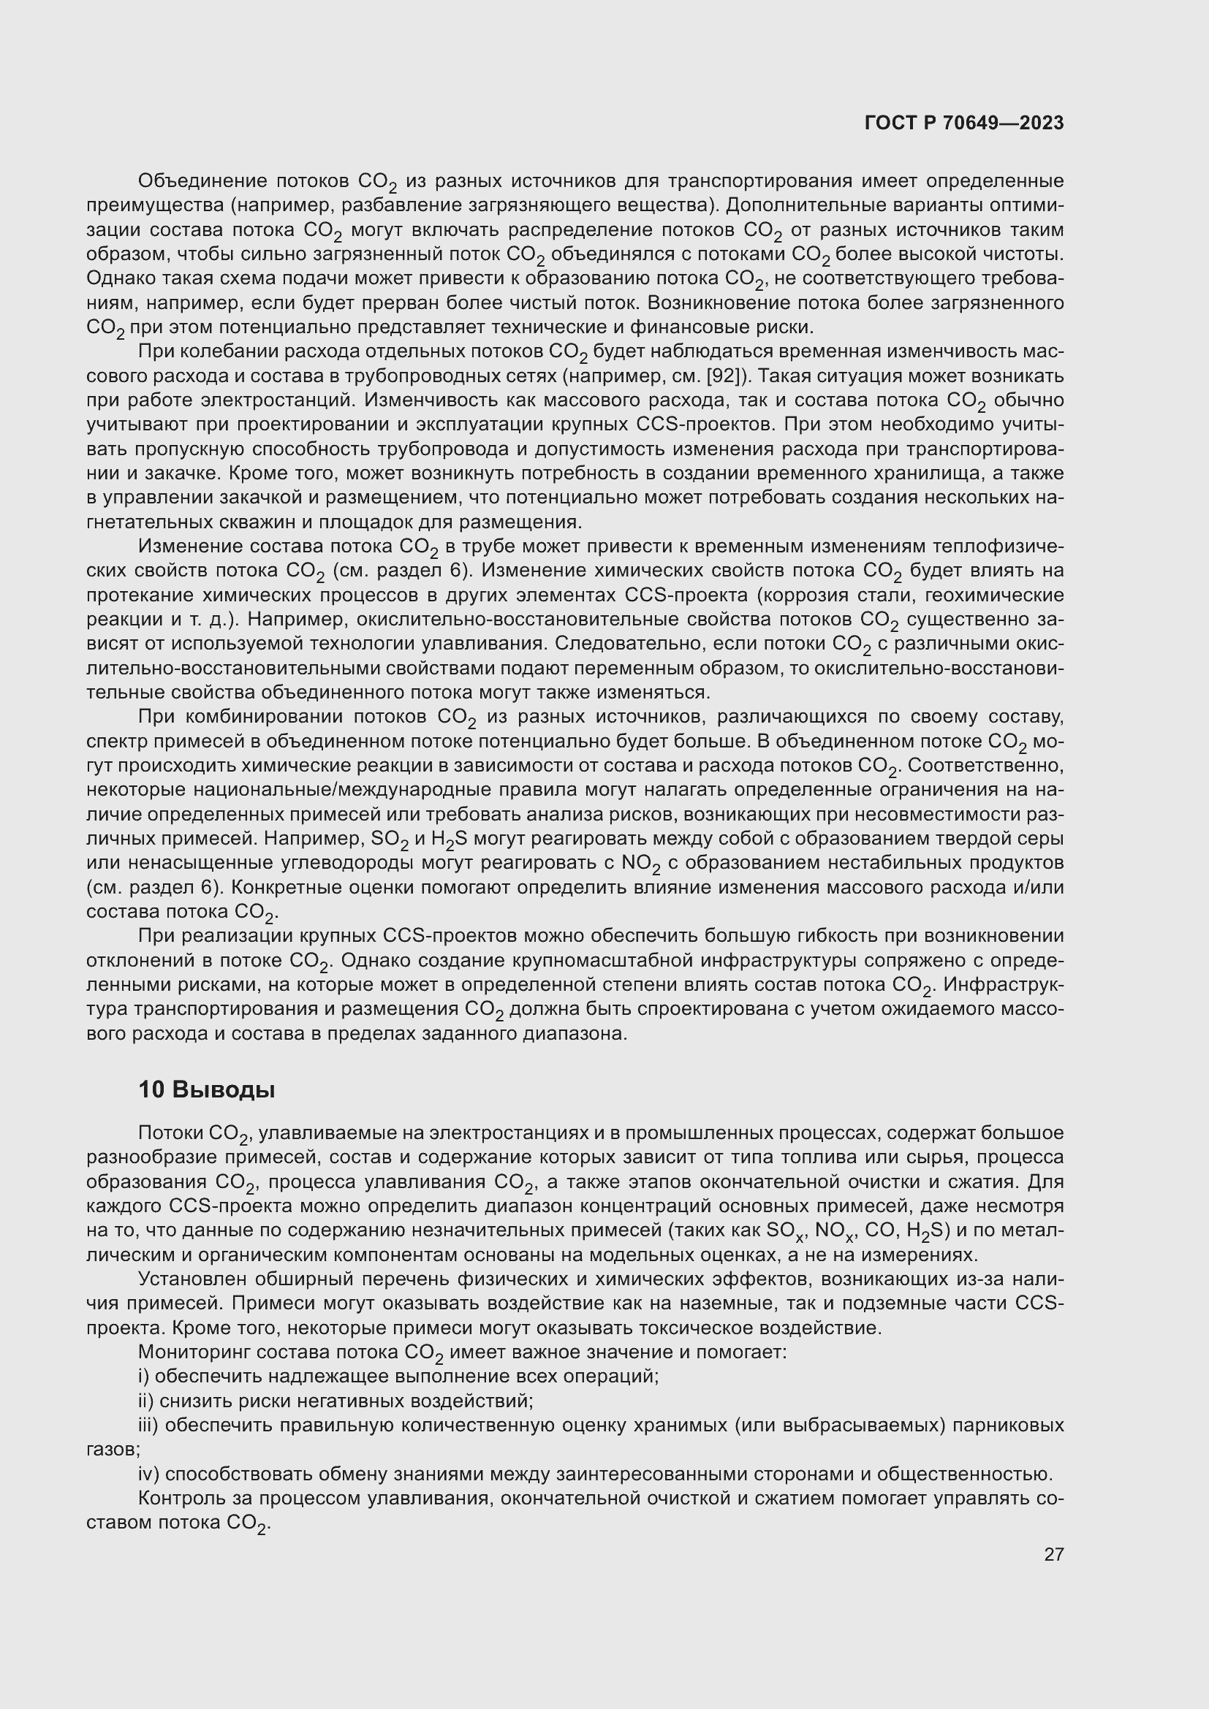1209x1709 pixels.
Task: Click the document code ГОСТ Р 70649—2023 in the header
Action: [x=964, y=123]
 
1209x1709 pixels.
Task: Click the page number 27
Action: [x=1053, y=1555]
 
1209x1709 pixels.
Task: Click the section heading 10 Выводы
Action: [x=206, y=1089]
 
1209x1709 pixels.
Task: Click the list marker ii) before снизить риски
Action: [x=147, y=1401]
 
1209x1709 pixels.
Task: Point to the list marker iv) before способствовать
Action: [x=149, y=1474]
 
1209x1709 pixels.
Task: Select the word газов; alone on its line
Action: [x=113, y=1449]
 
